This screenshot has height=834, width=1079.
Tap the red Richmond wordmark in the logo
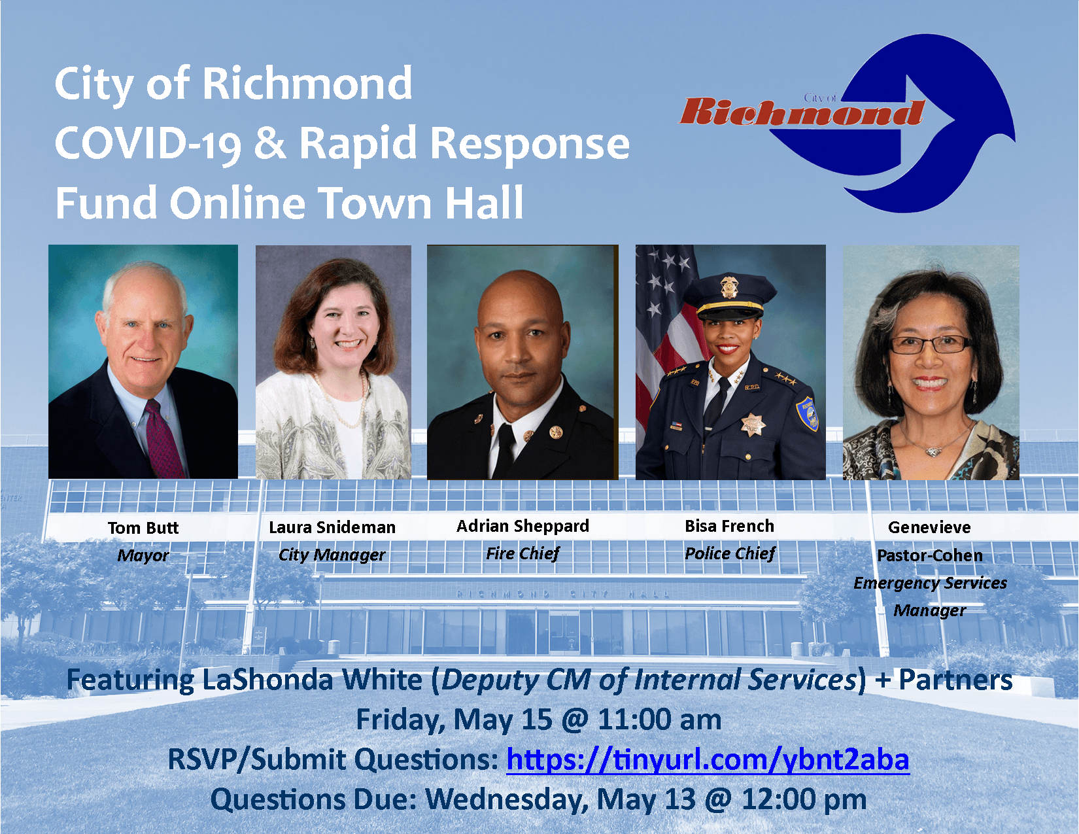coord(802,112)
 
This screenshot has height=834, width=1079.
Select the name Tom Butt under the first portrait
coord(143,527)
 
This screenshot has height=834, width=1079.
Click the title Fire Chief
coord(522,553)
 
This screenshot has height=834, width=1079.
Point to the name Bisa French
coord(729,526)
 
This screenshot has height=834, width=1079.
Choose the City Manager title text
coord(332,555)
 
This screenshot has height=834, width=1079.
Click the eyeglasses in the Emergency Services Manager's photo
coord(929,344)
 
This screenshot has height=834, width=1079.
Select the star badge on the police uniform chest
coord(753,425)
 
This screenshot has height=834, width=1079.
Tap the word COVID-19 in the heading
coord(148,143)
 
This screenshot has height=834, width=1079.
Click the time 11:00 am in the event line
coord(659,720)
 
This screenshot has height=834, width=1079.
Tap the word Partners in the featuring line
coord(955,680)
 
